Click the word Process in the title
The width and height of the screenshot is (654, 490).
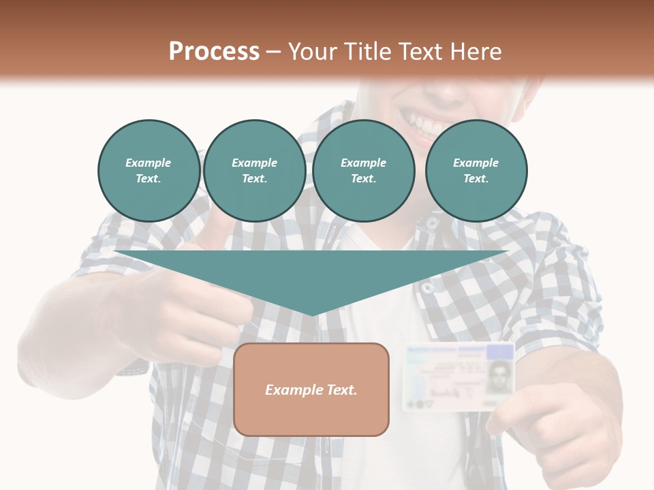[214, 52]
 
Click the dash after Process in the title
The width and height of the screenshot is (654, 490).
[273, 52]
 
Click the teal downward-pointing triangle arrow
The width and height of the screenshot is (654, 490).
[311, 272]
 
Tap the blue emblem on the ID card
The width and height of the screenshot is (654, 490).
[501, 352]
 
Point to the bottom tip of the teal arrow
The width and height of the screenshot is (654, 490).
[311, 314]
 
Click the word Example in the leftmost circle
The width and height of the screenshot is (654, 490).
[149, 163]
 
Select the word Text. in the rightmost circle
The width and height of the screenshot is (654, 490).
[476, 178]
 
